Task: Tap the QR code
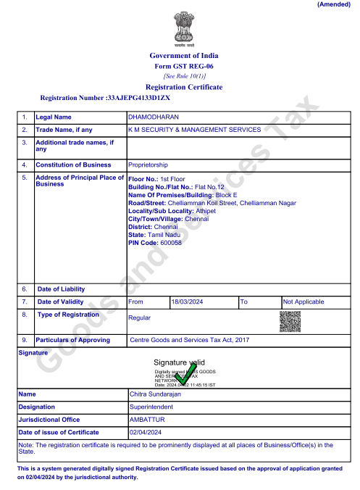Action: [290, 321]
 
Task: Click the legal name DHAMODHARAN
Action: [153, 117]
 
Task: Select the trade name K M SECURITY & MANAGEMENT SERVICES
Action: [194, 130]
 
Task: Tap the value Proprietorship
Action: [148, 165]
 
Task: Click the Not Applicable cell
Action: [304, 302]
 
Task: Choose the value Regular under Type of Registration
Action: [140, 318]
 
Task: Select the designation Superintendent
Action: [151, 407]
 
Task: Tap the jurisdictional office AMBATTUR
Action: [147, 420]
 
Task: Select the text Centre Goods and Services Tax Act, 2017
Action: [189, 340]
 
